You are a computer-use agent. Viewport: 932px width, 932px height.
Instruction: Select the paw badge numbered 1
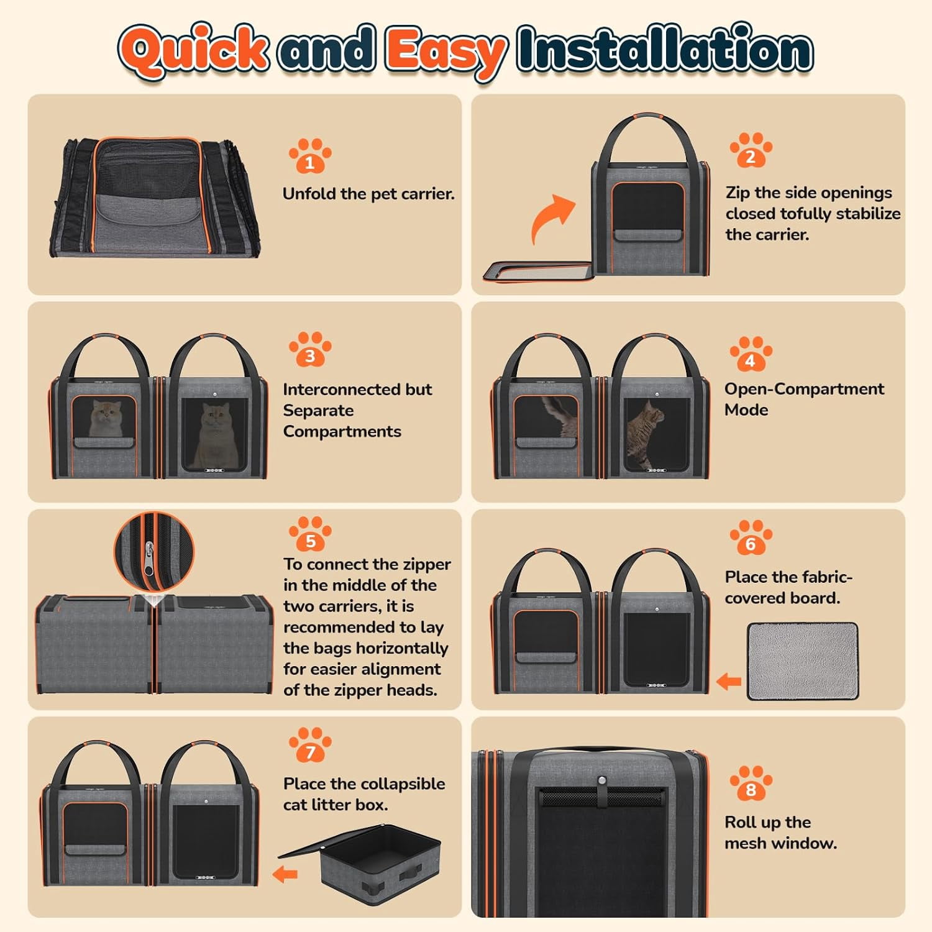[x=310, y=155]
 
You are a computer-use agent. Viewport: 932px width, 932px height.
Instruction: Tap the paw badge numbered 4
[x=751, y=354]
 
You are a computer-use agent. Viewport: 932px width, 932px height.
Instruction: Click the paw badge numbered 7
[x=310, y=744]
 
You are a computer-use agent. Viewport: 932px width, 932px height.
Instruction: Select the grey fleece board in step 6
[x=803, y=661]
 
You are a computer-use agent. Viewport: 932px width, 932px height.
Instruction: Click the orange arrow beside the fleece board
[x=729, y=682]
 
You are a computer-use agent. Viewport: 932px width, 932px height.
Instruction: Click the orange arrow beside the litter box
[x=285, y=874]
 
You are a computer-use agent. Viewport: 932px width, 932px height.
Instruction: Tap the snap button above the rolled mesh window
[x=601, y=781]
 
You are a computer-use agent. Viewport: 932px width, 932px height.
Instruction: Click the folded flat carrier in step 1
[x=155, y=198]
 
